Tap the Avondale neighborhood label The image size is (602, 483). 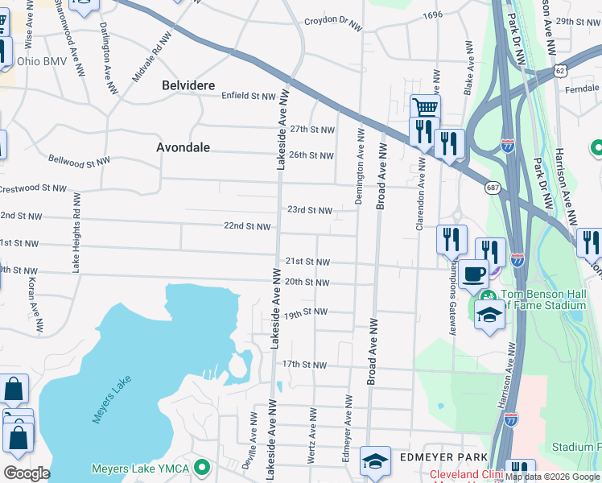183,147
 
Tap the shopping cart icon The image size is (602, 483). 424,108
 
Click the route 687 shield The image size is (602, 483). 493,188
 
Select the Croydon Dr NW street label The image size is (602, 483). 332,25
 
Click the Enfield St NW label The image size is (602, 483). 249,96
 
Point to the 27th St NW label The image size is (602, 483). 311,130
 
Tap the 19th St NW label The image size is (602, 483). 305,312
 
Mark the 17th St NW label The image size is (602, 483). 304,365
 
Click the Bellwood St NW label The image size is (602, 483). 78,161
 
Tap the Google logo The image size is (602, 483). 27,473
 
